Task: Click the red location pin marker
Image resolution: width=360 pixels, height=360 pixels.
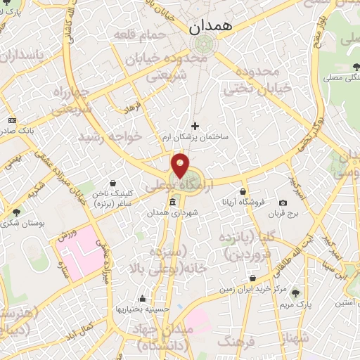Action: (x=181, y=167)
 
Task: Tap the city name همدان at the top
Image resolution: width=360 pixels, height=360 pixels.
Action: (x=210, y=28)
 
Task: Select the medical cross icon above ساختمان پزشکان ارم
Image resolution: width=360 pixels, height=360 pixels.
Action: (x=195, y=126)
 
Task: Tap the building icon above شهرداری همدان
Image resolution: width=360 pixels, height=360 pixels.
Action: (x=172, y=202)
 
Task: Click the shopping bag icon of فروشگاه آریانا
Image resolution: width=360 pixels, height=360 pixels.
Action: (x=243, y=191)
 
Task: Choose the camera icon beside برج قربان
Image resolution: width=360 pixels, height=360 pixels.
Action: (x=283, y=202)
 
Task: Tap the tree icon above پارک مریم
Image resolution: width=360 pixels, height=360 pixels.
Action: (x=296, y=293)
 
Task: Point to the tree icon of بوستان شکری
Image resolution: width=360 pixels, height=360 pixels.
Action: (x=16, y=212)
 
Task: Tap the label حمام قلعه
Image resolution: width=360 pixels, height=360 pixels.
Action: (x=147, y=34)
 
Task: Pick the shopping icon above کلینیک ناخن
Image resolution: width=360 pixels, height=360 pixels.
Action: (x=113, y=184)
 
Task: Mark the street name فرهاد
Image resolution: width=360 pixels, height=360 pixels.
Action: (x=133, y=109)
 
